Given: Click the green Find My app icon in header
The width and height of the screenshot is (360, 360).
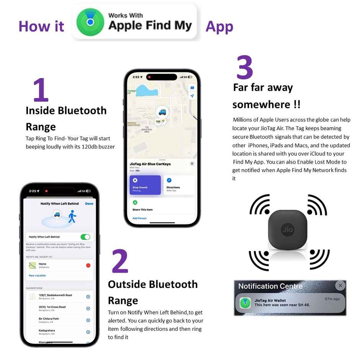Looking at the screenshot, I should point(90,22).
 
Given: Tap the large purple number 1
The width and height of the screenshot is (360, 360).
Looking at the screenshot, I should point(41,90).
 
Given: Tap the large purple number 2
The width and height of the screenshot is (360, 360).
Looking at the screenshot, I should point(120,262).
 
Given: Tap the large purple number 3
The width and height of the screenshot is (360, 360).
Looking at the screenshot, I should point(245,68).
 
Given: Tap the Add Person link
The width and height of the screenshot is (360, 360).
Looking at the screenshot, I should point(139,218).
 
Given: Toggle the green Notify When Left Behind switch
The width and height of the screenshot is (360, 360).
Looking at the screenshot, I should point(85,237).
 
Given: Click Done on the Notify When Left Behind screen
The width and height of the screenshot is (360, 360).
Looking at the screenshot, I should point(89,204).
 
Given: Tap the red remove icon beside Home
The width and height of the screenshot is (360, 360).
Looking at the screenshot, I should point(88,265).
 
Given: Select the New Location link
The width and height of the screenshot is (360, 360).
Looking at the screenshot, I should point(38,275).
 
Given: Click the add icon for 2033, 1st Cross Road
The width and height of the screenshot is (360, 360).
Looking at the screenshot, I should point(88,308).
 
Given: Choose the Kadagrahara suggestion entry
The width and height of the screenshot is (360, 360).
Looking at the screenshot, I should point(47,331).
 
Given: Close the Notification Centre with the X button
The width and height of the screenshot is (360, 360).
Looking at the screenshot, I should point(340,286).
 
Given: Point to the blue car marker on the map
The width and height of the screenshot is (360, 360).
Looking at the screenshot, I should point(163,112).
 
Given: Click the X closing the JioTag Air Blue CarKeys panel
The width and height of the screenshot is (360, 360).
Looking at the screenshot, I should point(192,164).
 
